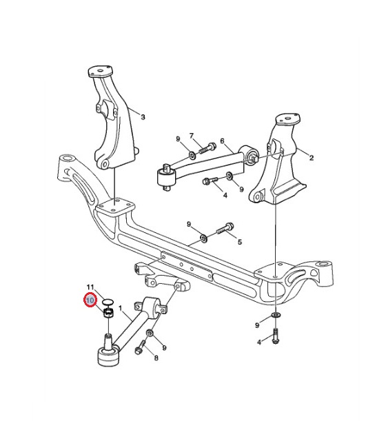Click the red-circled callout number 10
90,299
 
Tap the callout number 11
91,287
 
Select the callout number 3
143,117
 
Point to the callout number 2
312,158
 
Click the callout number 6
222,141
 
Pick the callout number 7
192,136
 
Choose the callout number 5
240,242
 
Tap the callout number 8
156,358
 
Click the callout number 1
120,309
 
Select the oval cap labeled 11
108,302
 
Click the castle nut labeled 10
109,313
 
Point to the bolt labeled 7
207,147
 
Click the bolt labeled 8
140,347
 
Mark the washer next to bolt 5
204,238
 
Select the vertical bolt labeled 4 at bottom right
276,336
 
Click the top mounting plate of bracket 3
101,72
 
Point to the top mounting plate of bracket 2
287,119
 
